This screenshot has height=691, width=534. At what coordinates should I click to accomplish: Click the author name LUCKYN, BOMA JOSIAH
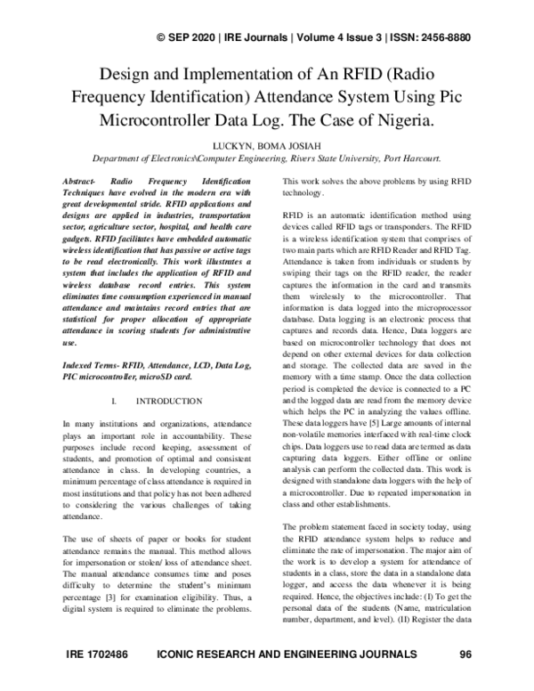pyautogui.click(x=267, y=144)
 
